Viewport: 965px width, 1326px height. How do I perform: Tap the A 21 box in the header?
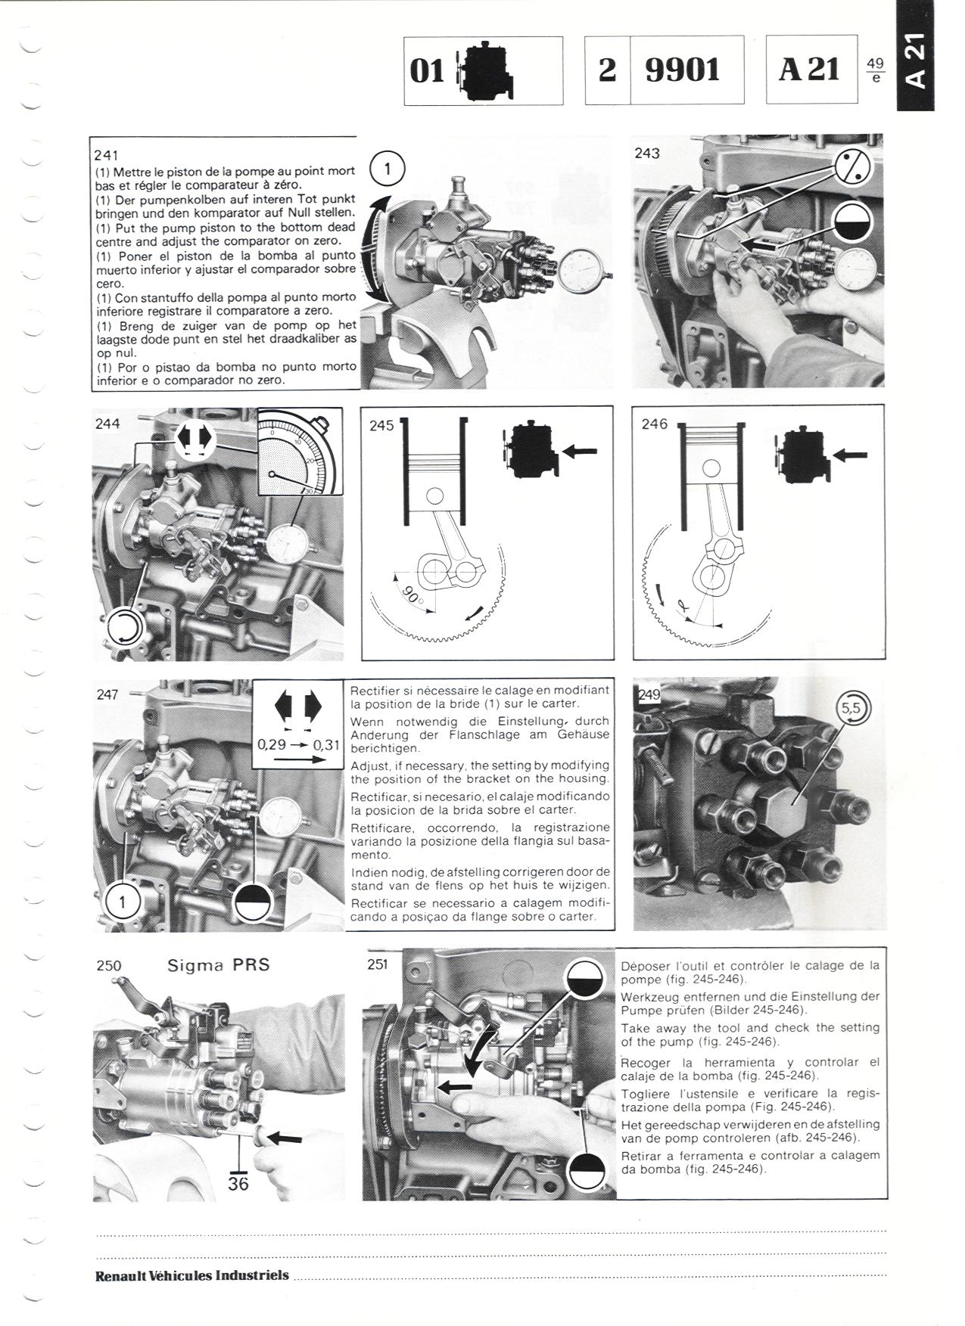(x=811, y=70)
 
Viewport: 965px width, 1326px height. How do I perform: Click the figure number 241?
(x=107, y=155)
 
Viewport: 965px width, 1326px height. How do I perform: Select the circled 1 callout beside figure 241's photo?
(x=388, y=169)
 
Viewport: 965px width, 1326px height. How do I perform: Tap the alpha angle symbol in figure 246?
(x=685, y=604)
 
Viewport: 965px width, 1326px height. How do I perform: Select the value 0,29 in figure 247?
(x=272, y=744)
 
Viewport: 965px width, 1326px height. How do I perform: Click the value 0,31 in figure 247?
(x=326, y=744)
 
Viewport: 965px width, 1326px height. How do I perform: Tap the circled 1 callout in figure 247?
(x=122, y=902)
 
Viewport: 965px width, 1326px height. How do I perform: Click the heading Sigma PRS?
(x=218, y=965)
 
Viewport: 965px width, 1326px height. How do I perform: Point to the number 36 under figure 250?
(x=238, y=1184)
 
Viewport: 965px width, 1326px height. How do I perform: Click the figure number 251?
(x=377, y=964)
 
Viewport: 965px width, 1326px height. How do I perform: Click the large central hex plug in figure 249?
(x=789, y=804)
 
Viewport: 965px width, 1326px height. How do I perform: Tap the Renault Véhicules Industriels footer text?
(x=192, y=1275)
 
